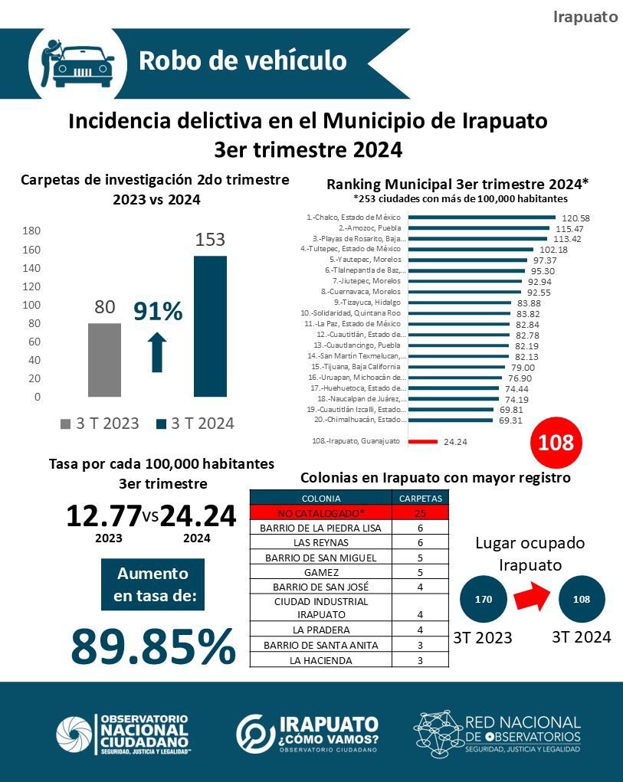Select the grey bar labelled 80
[104, 360]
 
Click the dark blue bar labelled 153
[210, 326]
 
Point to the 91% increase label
[159, 312]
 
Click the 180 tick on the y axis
[31, 231]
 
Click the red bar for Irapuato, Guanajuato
[422, 441]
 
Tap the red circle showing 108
[556, 443]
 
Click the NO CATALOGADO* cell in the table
[322, 512]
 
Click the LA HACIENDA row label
[322, 660]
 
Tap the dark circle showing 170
[484, 600]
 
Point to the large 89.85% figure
[152, 647]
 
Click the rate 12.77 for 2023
[103, 516]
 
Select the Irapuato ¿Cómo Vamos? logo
[307, 733]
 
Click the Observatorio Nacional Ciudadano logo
[123, 734]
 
